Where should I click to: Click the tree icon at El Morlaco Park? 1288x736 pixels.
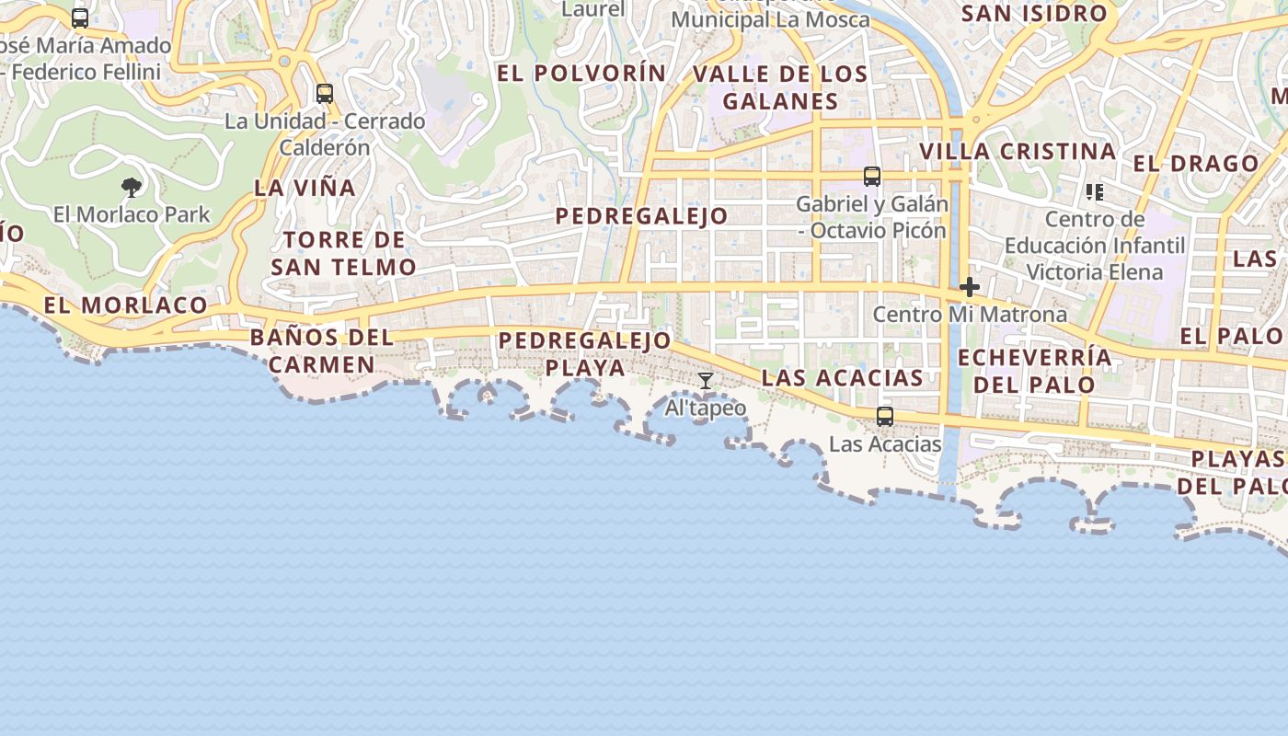tap(132, 188)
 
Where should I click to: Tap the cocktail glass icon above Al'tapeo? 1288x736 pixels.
tap(706, 381)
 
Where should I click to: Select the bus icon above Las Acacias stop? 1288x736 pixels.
tap(885, 417)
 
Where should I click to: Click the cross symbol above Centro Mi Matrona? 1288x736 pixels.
tap(969, 287)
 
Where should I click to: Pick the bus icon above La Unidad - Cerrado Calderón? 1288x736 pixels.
tap(324, 94)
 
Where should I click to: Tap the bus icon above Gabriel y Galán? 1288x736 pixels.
tap(871, 177)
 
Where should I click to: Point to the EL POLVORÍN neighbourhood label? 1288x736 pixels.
tap(581, 73)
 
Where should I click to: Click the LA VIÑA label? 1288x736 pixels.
tap(305, 188)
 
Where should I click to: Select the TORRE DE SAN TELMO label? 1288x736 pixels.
tap(344, 254)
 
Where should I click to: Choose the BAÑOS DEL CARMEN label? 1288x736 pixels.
tap(322, 351)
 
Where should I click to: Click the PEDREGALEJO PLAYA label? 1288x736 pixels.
tap(585, 354)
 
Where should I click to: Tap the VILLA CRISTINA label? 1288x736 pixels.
tap(1018, 151)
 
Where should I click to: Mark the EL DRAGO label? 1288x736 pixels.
tap(1196, 164)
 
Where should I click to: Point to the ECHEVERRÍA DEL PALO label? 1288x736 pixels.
tap(1034, 371)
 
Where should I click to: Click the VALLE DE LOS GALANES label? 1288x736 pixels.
tap(780, 87)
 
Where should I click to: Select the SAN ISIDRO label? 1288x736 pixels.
tap(1033, 14)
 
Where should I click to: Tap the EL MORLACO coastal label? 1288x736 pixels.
tap(126, 305)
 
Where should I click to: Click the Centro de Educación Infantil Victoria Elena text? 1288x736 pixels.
tap(1095, 246)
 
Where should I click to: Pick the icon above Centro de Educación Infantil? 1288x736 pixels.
tap(1094, 192)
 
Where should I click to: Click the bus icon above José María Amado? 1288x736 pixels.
tap(80, 18)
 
